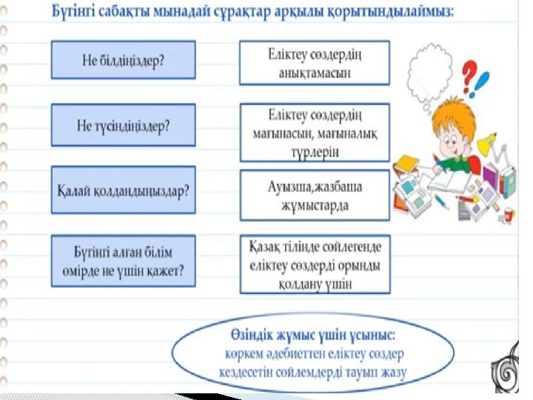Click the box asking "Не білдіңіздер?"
pos(124,60)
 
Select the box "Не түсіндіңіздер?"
pos(124,125)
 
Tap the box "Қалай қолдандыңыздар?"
pos(124,190)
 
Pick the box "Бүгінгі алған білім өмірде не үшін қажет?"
pos(124,261)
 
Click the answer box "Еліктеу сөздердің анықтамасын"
pos(315,62)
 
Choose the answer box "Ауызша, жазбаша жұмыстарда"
pos(315,196)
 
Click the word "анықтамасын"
pos(315,73)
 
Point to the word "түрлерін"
pos(315,152)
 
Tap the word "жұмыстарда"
pos(315,205)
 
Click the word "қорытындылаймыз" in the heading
pos(390,13)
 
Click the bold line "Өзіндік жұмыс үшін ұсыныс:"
pos(313,336)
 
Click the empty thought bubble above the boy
pos(430,76)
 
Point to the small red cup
pos(509,215)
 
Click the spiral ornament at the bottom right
pos(506,368)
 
